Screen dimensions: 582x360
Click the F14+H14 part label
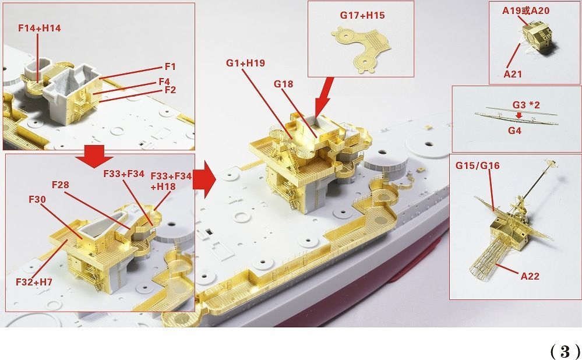coord(40,28)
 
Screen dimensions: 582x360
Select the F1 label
coord(170,67)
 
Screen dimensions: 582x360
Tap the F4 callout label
coord(164,82)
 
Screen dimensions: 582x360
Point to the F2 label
coord(170,90)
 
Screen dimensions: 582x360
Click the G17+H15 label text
coord(362,15)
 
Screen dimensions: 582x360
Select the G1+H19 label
coord(246,63)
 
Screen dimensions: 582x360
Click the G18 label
coord(284,84)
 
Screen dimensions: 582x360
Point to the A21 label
coord(513,74)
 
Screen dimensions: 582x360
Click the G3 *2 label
coord(526,105)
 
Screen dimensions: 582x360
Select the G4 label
coord(514,130)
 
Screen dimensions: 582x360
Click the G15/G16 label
coord(477,165)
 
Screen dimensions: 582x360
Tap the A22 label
coord(530,276)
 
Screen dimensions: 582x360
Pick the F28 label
coord(61,185)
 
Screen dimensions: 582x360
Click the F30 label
coord(37,200)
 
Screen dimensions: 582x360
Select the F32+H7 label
coord(34,282)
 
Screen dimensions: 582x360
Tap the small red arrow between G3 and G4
coord(519,116)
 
